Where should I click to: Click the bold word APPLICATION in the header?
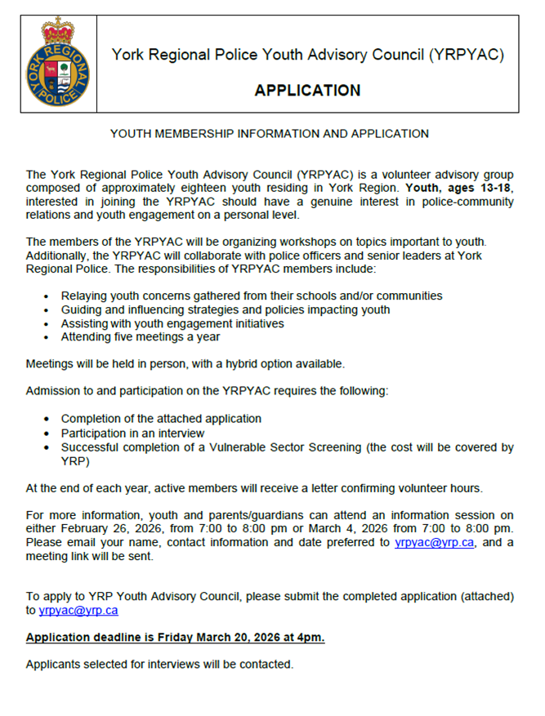pos(307,90)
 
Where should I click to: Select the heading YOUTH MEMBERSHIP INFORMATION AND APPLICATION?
pos(270,134)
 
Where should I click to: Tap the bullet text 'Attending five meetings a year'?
pos(141,336)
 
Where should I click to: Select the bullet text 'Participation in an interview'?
pos(133,433)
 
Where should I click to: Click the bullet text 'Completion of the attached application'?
pos(161,419)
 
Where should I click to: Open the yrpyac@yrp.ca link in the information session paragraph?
pos(434,543)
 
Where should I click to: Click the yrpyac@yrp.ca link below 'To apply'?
pos(78,611)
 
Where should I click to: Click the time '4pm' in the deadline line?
pos(311,638)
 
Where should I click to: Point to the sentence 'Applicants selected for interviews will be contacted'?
pos(159,665)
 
